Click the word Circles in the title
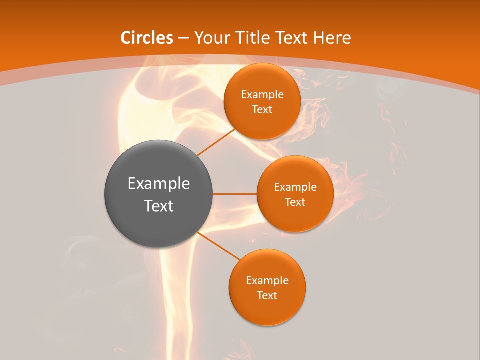[147, 38]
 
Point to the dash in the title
[183, 38]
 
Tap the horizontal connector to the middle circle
[235, 194]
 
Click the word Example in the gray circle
[159, 184]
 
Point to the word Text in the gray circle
[159, 206]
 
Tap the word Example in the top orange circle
[262, 95]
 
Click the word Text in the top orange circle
[262, 110]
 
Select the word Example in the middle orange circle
[295, 187]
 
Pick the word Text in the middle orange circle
[295, 202]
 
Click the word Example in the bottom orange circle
[267, 281]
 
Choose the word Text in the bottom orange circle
[267, 296]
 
